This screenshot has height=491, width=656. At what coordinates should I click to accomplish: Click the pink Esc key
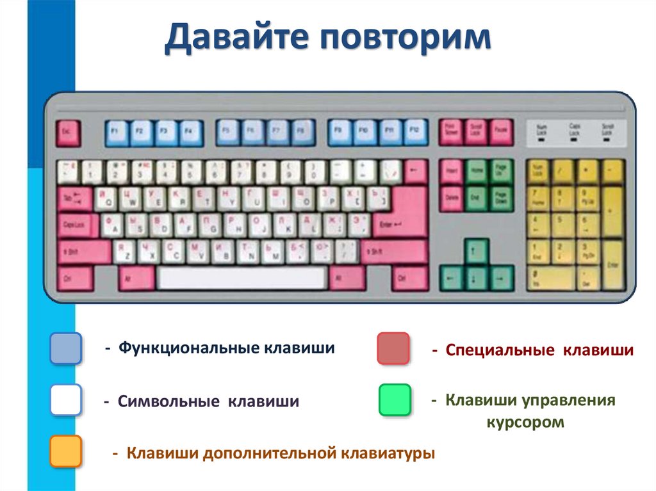point(67,133)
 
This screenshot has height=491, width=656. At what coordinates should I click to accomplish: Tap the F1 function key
point(117,133)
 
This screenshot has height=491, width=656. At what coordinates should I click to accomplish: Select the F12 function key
point(415,133)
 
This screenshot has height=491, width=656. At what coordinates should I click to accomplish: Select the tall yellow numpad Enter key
point(613,264)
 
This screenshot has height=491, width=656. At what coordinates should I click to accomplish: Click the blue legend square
point(66,348)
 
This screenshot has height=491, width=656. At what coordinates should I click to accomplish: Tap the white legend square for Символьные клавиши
point(66,400)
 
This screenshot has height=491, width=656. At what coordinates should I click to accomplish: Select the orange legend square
point(66,451)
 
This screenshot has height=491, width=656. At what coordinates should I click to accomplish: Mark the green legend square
point(394,400)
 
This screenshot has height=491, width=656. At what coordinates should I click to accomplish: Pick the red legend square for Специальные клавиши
point(393,348)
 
